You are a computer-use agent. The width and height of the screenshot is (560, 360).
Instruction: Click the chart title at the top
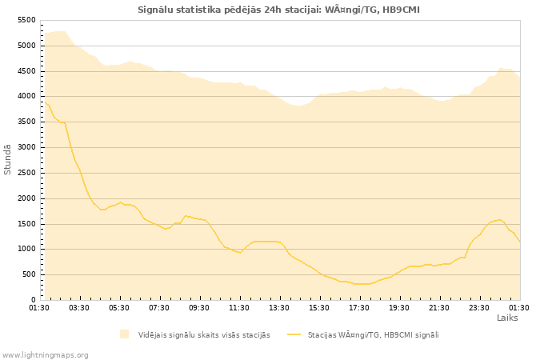[x=278, y=10]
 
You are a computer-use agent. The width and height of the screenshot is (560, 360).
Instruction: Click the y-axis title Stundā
[x=8, y=159]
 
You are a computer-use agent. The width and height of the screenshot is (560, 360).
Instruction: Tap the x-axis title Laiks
[x=507, y=318]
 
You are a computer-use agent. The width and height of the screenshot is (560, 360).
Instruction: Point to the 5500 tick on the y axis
[x=26, y=20]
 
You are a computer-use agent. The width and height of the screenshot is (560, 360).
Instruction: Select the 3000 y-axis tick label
[x=26, y=147]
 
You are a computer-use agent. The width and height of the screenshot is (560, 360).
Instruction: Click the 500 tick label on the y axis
[x=29, y=274]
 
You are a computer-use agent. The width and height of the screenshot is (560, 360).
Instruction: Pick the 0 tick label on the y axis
[x=34, y=300]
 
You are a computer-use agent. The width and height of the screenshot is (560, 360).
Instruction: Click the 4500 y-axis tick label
[x=26, y=71]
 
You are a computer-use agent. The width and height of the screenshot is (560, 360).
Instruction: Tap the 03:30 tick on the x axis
[x=79, y=307]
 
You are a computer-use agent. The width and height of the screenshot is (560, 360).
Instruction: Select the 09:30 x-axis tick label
[x=199, y=307]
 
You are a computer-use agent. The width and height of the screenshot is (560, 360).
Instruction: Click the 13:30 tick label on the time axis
[x=279, y=307]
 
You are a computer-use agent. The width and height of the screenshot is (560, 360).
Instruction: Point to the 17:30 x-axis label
[x=359, y=307]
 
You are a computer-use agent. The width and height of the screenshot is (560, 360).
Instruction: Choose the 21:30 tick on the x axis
[x=439, y=307]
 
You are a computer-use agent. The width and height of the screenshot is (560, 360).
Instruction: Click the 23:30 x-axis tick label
[x=479, y=307]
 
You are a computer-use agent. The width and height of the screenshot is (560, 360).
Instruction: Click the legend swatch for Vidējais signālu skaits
[x=124, y=334]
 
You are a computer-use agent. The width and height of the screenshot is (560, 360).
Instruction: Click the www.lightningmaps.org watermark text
[x=46, y=354]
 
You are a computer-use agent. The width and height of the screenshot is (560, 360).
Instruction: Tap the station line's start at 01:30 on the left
[x=42, y=102]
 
